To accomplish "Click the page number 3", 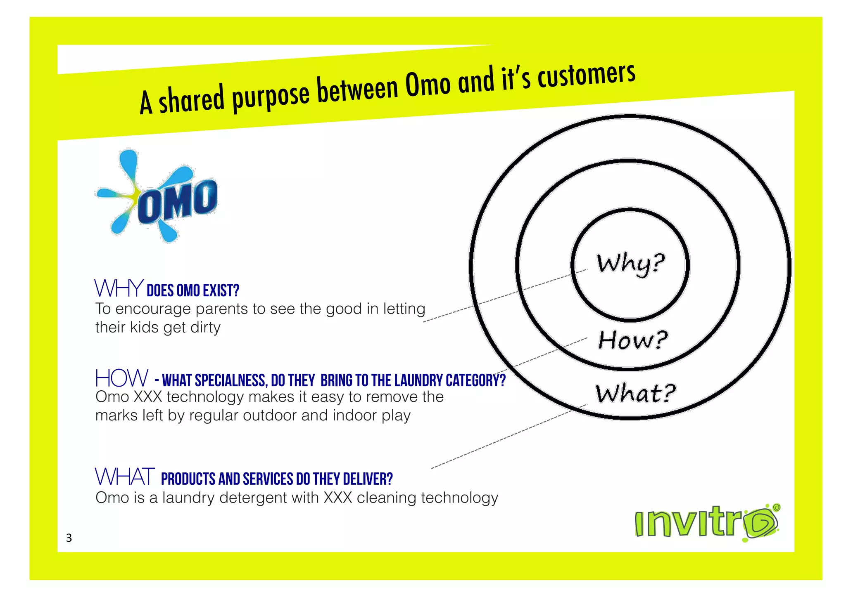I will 69,538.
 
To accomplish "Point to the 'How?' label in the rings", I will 632,340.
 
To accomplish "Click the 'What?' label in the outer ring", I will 635,393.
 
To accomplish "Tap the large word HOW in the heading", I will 121,378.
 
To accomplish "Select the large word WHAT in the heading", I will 125,477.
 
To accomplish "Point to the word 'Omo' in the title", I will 428,85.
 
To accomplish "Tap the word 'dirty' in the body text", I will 205,328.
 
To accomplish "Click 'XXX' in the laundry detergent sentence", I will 337,498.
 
